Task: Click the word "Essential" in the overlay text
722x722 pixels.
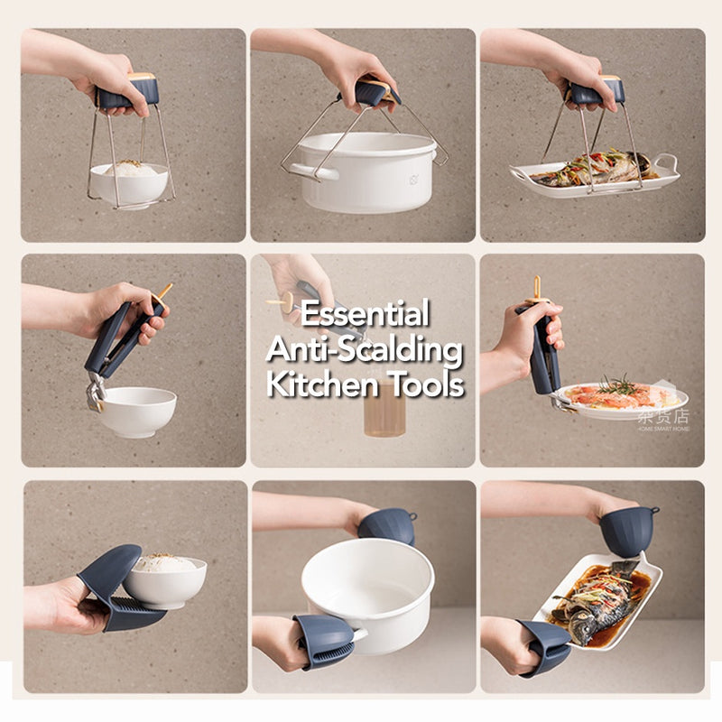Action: pyautogui.click(x=365, y=315)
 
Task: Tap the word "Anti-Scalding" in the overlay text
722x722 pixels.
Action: pyautogui.click(x=365, y=350)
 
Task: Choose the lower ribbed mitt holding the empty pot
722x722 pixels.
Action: pyautogui.click(x=324, y=640)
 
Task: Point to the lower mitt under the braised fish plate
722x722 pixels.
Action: pyautogui.click(x=545, y=646)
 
